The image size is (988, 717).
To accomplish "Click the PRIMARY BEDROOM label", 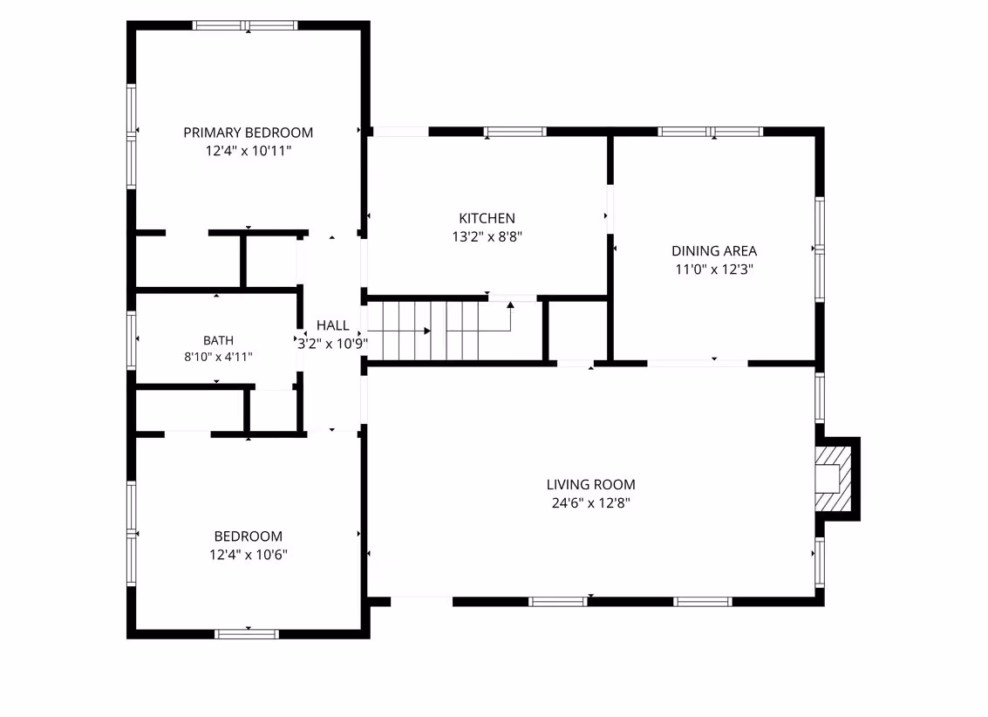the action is [249, 133].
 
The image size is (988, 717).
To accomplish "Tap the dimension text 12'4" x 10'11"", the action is [249, 151].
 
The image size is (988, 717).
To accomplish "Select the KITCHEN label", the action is [487, 218].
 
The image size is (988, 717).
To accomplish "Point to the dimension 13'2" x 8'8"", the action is [487, 236].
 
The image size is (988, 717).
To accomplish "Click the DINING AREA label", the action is [714, 250].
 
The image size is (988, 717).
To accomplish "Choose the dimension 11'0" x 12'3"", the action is [714, 269].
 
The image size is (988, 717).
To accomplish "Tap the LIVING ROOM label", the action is [590, 484].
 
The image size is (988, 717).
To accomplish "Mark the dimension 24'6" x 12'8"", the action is [590, 502].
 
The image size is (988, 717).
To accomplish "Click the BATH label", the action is [218, 340].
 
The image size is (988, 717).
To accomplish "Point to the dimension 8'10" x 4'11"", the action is [218, 357].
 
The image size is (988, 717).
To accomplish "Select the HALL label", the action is [333, 325].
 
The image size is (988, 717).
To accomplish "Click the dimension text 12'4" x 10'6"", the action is [249, 555].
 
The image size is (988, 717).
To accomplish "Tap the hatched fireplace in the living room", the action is [833, 478].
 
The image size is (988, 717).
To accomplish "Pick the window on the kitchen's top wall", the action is [514, 132].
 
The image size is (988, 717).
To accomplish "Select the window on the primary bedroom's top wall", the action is [245, 26].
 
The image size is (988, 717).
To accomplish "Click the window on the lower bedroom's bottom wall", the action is [247, 634].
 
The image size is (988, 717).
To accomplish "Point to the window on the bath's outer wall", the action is [131, 339].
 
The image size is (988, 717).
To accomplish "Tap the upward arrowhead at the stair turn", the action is [510, 305].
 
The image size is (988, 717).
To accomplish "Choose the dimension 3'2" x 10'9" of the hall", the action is [333, 344].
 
